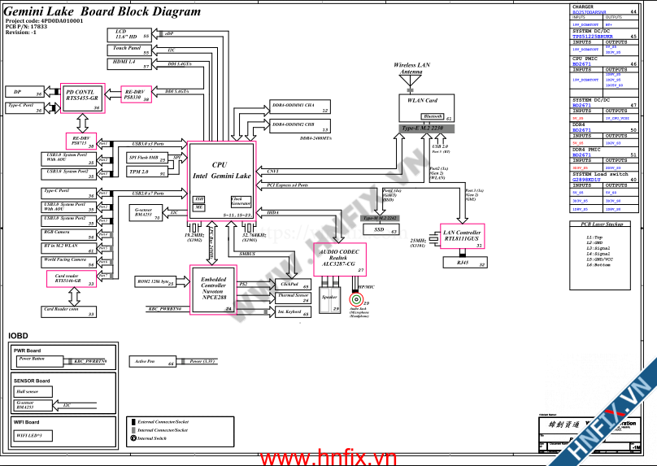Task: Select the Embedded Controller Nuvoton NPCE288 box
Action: pos(213,289)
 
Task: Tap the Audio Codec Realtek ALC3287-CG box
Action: pos(338,259)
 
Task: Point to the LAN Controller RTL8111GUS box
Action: pos(463,236)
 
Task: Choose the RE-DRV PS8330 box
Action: pos(136,94)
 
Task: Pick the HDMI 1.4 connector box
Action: pos(130,64)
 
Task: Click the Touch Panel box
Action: pos(130,50)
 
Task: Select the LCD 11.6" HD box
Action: pos(130,35)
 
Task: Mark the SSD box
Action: pos(379,230)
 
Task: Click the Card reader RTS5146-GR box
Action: pos(71,280)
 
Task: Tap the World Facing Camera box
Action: pos(69,262)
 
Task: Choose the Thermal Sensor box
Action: pos(293,297)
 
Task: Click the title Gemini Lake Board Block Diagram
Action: pos(103,12)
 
